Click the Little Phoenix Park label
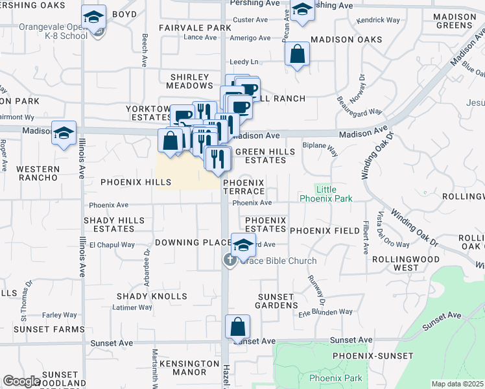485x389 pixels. pos(326,193)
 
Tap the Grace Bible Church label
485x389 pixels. pos(279,261)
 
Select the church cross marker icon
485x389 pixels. pos(230,261)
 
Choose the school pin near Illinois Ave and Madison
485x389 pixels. pos(64,134)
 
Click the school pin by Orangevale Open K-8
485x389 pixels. pos(94,18)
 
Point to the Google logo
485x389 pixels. pos(21,381)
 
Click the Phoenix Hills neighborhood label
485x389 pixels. pos(136,183)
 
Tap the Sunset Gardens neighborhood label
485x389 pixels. pos(277,301)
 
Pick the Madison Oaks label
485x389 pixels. pos(346,40)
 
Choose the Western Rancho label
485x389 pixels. pos(38,174)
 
